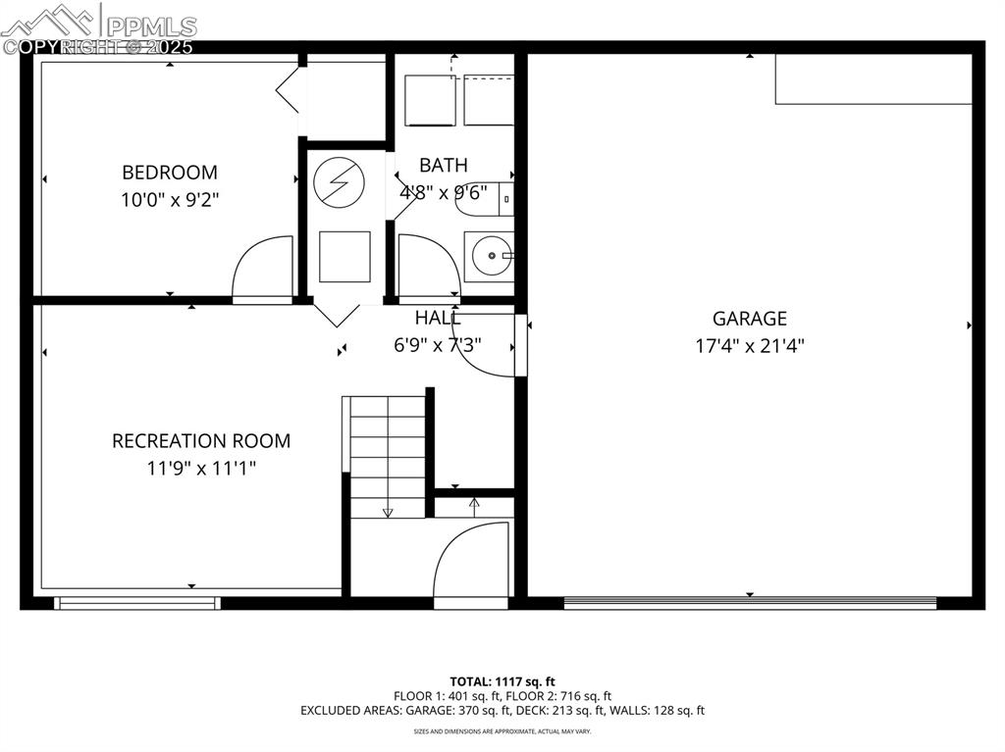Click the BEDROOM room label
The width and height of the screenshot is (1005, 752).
click(x=170, y=173)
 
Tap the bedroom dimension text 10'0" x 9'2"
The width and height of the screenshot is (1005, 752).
click(x=170, y=199)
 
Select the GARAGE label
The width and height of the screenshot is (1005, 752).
click(x=750, y=319)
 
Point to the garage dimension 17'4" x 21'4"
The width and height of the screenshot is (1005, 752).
click(x=750, y=345)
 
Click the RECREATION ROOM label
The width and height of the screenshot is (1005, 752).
click(x=201, y=441)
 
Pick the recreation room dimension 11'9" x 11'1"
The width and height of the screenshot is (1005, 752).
click(x=201, y=468)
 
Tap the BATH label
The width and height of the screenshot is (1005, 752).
click(x=444, y=165)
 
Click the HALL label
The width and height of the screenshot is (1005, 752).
click(x=438, y=318)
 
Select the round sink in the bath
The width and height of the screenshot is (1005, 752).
click(x=489, y=257)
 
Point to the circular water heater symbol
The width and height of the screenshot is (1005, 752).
click(x=339, y=182)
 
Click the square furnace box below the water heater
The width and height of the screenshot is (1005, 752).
click(x=344, y=257)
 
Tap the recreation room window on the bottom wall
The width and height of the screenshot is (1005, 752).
click(x=137, y=603)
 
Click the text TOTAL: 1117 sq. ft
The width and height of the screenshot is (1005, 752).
click(x=502, y=681)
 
